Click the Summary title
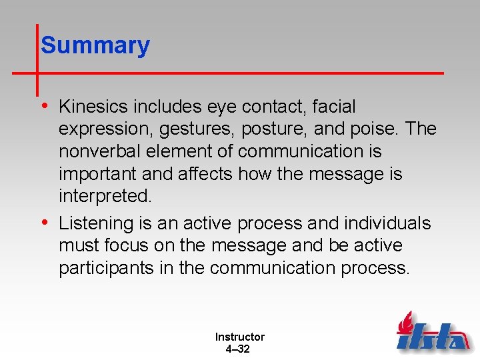(95, 46)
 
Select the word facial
(332, 107)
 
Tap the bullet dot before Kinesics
(44, 107)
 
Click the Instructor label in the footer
(239, 337)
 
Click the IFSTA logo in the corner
(431, 332)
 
